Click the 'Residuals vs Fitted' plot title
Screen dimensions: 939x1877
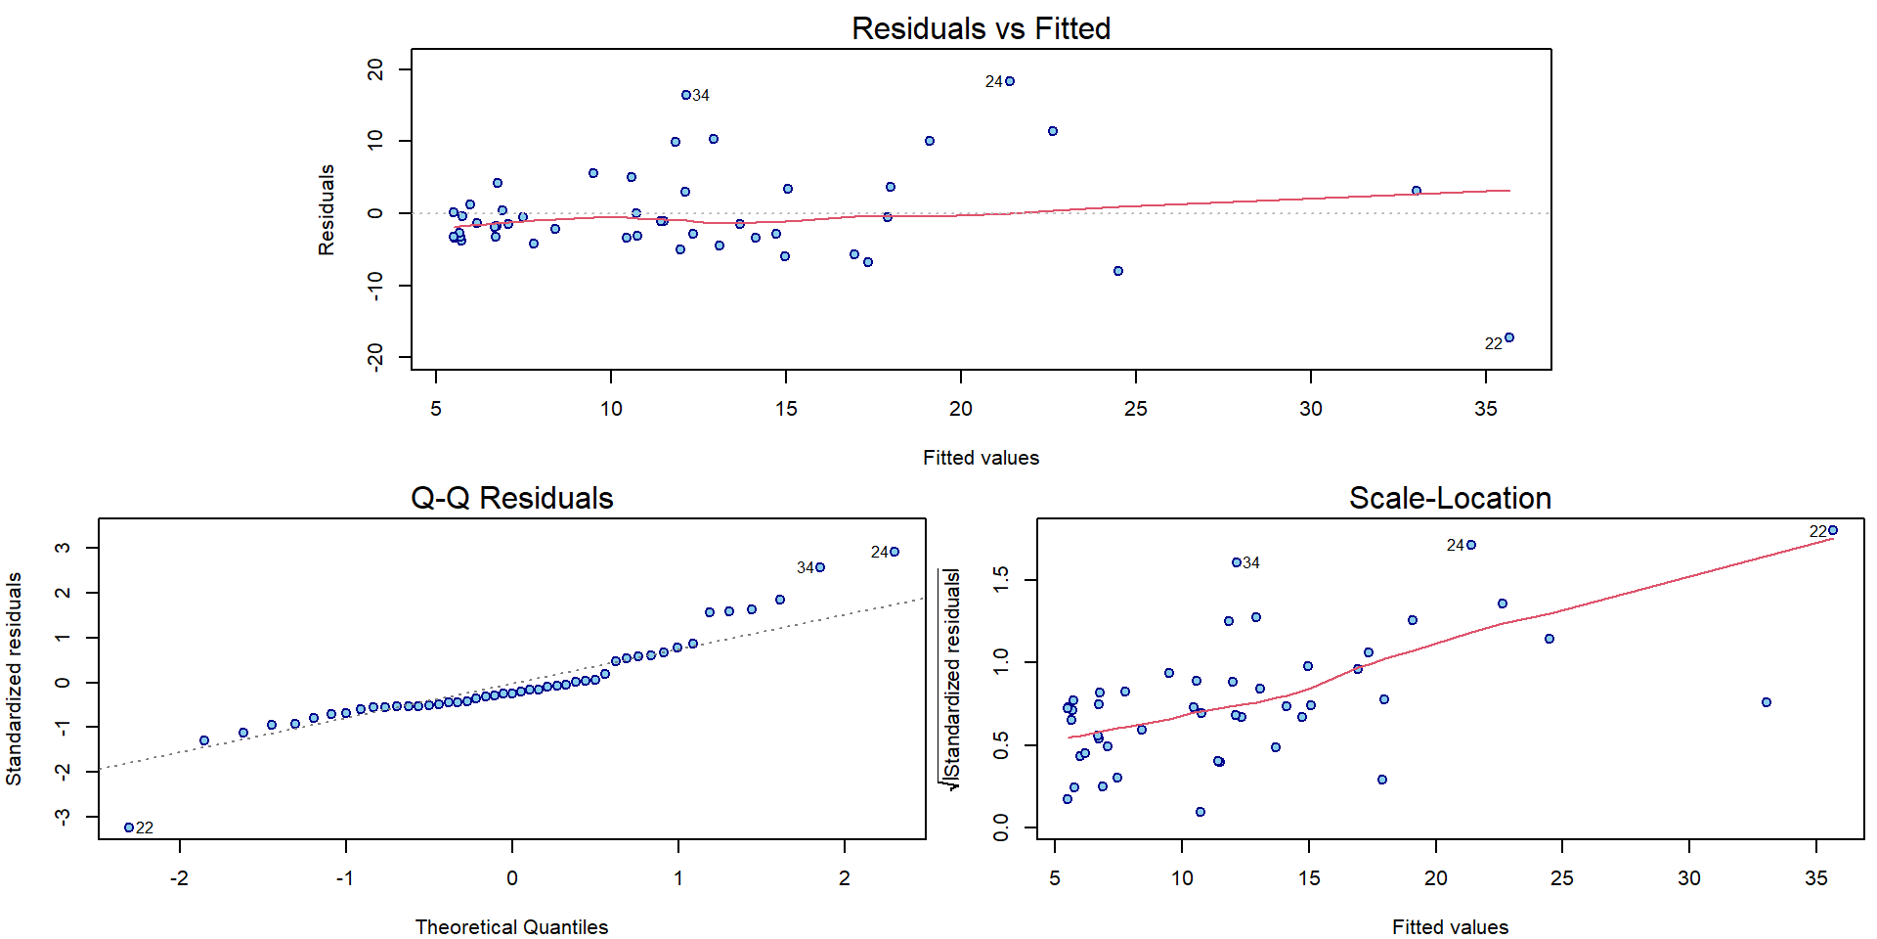981,28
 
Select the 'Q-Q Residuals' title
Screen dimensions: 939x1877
511,498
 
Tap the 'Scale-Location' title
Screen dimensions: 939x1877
1450,498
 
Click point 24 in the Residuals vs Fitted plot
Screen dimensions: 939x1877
1010,81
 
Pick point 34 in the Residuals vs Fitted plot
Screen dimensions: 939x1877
686,95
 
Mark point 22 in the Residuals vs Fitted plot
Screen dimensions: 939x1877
1509,337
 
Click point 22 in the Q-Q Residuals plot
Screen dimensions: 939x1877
129,827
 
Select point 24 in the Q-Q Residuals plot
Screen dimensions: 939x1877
895,552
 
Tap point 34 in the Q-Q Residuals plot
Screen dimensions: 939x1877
820,567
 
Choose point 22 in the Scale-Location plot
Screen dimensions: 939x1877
1833,530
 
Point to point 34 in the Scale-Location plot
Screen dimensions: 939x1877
1237,562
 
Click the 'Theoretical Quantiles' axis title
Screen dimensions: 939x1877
511,926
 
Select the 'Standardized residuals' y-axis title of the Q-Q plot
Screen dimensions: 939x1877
14,679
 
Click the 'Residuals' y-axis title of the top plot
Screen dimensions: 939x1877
327,209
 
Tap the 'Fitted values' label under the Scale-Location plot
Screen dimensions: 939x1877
1450,926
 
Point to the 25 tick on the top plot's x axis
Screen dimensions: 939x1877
1136,408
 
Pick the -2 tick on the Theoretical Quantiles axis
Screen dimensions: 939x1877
179,877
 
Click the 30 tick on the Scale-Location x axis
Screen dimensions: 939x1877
1689,877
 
